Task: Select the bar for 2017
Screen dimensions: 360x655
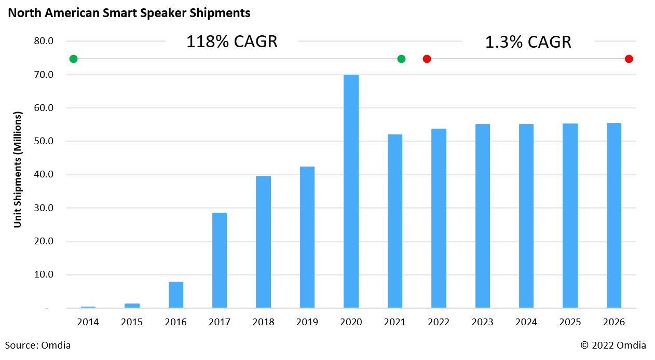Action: [220, 260]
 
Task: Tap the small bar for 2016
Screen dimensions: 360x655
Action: [176, 295]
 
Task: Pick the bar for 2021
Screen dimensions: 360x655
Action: [394, 221]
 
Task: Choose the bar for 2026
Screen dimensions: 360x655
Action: [613, 215]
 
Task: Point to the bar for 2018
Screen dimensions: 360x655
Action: [263, 242]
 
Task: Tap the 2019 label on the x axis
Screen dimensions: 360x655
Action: [307, 322]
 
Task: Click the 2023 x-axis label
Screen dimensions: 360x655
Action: [482, 322]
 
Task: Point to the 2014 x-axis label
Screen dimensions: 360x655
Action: [88, 322]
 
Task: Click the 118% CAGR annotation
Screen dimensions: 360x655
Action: [231, 42]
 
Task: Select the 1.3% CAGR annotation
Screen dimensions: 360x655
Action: [528, 42]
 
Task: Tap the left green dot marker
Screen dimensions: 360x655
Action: [73, 59]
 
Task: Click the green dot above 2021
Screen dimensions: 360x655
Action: [401, 59]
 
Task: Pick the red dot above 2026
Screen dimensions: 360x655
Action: [629, 59]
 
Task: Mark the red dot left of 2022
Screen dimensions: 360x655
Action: [427, 59]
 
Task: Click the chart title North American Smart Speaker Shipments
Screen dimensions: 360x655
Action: [129, 13]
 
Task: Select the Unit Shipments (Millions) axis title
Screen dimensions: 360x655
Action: [18, 169]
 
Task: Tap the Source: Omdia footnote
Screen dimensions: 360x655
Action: [38, 345]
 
